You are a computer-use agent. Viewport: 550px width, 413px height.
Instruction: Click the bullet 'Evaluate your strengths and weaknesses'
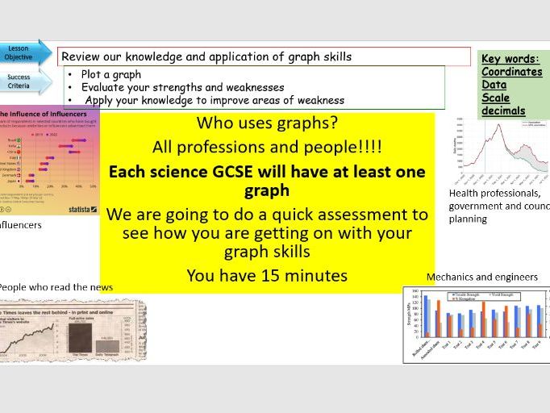[182, 88]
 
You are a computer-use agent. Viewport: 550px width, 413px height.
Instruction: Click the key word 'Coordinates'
[511, 72]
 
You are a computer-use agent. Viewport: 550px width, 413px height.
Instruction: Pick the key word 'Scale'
[497, 98]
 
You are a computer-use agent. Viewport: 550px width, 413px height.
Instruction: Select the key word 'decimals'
[503, 111]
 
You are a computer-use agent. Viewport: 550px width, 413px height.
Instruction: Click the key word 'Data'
[494, 85]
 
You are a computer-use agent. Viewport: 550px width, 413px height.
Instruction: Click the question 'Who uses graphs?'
[267, 125]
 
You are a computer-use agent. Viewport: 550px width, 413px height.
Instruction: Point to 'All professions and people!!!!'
[267, 148]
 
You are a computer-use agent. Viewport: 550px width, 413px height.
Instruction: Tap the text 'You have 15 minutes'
[267, 276]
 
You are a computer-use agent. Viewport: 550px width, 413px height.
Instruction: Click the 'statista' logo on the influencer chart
[77, 208]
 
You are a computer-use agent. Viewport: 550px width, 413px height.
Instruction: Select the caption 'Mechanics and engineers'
[482, 277]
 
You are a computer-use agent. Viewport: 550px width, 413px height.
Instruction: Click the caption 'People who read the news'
[54, 287]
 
